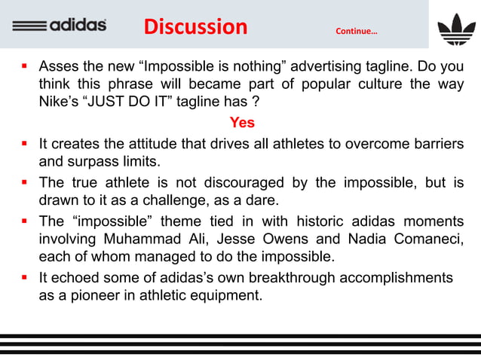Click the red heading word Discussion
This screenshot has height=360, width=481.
pos(195,27)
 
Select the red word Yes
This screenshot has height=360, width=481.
pos(241,123)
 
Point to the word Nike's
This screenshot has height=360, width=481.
pos(60,102)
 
